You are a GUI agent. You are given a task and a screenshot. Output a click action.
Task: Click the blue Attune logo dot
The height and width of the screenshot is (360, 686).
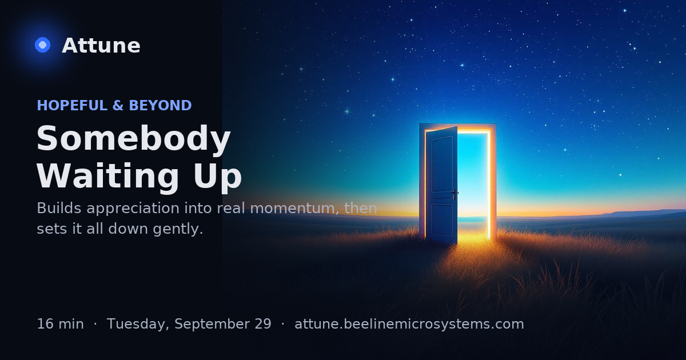point(42,45)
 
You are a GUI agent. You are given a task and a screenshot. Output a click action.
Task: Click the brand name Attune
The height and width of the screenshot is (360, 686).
point(101,46)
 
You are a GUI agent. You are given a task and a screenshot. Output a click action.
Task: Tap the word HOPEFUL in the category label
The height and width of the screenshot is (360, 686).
point(72,105)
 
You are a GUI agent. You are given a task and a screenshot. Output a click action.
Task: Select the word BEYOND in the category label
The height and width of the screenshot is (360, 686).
point(160,105)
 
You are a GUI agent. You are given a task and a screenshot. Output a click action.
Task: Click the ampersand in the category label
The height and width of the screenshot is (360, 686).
point(118,105)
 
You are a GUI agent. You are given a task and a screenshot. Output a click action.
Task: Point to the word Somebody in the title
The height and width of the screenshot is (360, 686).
point(134,139)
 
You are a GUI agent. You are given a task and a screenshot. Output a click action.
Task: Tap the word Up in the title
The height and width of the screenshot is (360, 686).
point(217,177)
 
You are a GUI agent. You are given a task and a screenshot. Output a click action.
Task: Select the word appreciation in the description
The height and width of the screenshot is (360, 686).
point(133,209)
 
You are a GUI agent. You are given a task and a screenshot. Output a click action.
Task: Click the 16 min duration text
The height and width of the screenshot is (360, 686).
point(61,324)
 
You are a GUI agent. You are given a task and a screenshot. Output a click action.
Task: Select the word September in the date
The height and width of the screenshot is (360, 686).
point(212,325)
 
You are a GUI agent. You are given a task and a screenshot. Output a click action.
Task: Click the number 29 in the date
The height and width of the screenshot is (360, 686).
point(262,324)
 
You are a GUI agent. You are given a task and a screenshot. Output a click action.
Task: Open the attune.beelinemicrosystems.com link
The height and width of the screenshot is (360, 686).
point(409,325)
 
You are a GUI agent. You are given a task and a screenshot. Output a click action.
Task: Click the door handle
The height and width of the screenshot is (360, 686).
point(454,193)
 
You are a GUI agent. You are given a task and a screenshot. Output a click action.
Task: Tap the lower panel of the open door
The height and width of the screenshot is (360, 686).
point(442,220)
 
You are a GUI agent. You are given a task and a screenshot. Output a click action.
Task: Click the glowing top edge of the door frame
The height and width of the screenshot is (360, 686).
point(473,131)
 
